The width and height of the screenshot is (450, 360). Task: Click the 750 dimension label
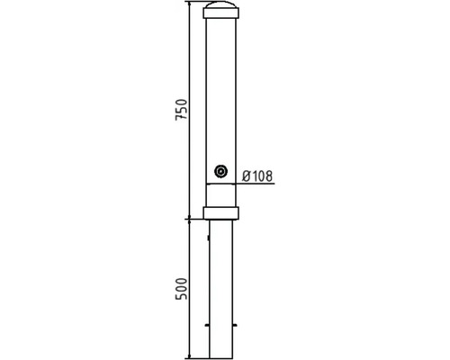182,109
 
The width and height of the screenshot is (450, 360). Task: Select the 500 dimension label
182,289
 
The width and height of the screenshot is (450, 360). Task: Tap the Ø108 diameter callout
257,176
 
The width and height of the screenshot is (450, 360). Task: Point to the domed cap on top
221,5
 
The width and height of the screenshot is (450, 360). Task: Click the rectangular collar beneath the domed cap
221,13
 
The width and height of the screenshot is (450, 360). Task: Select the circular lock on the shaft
221,172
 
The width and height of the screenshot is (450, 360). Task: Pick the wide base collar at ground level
221,212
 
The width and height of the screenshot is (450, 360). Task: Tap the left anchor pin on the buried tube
207,325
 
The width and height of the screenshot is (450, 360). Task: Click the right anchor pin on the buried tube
235,325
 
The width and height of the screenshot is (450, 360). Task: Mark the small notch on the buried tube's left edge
209,238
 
